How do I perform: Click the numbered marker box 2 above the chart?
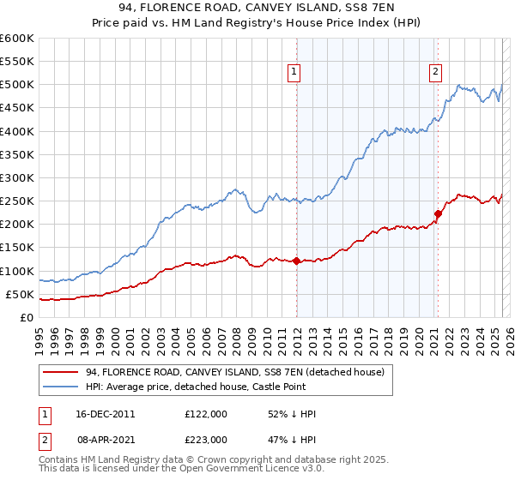coord(436,72)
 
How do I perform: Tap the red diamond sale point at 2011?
coord(296,261)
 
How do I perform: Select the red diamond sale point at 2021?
coord(438,213)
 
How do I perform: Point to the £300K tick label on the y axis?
coord(17,177)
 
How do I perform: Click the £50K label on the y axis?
coord(21,294)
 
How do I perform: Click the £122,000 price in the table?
coord(205,414)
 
